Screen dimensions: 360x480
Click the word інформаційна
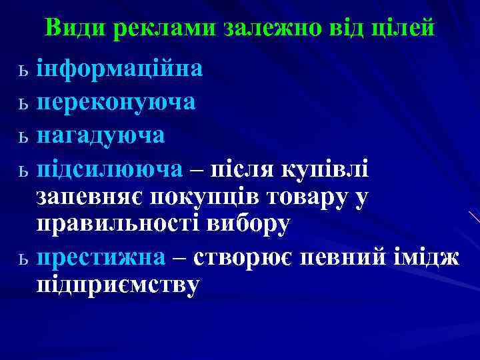tap(120, 69)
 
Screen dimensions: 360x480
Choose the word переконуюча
tap(116, 102)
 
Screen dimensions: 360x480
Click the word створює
tap(244, 257)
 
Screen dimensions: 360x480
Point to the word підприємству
tap(117, 285)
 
